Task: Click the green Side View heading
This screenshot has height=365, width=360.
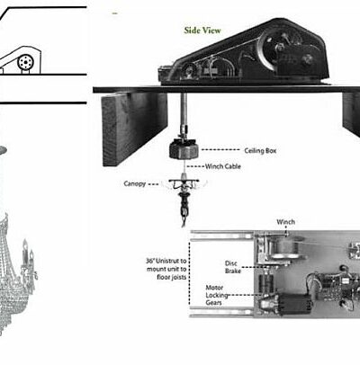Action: [202, 31]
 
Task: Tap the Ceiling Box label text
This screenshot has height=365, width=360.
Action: [260, 151]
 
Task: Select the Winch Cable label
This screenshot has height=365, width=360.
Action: [223, 166]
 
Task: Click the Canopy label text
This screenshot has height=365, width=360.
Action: [135, 183]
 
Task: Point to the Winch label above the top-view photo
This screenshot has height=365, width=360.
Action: [285, 222]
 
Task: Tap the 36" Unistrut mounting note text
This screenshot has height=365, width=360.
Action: [166, 269]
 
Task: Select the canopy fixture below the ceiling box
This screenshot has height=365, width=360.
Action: [184, 191]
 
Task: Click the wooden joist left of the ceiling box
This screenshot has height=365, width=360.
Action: [135, 129]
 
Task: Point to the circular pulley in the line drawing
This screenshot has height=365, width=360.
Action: [25, 62]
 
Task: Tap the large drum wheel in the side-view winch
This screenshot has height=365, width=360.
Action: [276, 48]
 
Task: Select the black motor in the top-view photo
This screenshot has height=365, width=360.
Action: [294, 303]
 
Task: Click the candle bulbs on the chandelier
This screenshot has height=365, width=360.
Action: [28, 252]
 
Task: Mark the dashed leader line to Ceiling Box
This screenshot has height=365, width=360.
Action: [221, 149]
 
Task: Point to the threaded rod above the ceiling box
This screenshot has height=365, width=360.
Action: [184, 115]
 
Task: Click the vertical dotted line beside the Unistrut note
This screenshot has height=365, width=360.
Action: [190, 273]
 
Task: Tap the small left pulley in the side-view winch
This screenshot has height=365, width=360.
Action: [189, 71]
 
